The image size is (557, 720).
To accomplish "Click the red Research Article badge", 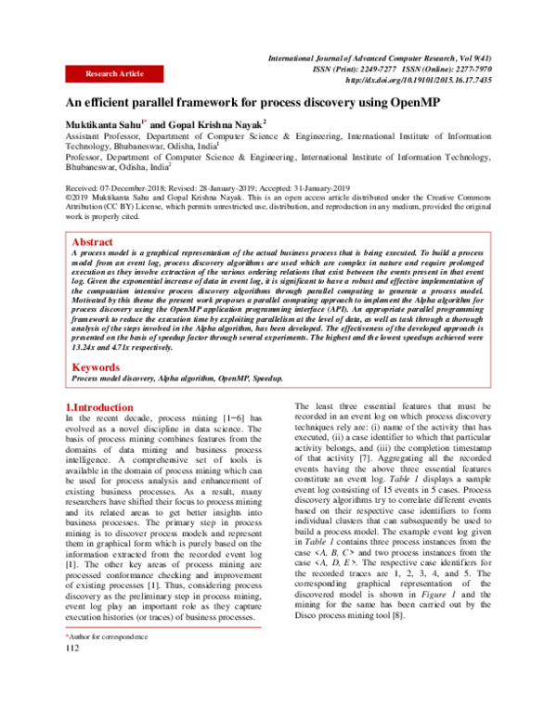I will coord(114,73).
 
